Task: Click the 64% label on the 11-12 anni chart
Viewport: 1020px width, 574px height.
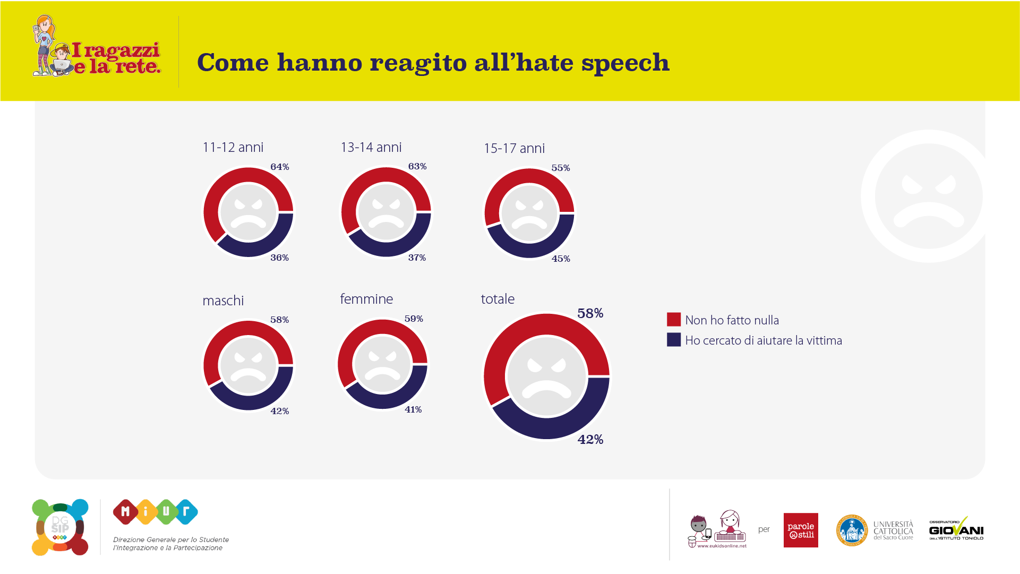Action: (x=280, y=167)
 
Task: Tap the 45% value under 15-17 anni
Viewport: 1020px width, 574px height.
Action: (x=561, y=259)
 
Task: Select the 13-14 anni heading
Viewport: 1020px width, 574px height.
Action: (x=371, y=147)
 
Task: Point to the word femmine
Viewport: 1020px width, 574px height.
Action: (x=366, y=299)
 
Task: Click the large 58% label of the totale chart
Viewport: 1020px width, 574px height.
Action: (x=590, y=313)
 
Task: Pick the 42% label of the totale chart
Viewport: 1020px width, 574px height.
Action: (x=590, y=439)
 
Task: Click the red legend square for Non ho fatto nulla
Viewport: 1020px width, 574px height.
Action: (x=674, y=319)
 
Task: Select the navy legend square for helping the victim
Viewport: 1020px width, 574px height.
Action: (x=674, y=340)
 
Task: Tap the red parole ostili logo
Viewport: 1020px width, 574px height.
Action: (x=801, y=530)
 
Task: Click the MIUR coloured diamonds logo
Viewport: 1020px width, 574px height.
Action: (x=156, y=512)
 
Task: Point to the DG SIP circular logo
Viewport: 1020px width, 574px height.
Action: (x=60, y=527)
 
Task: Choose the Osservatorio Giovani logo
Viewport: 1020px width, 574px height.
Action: (x=956, y=529)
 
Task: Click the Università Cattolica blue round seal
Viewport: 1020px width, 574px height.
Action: (x=852, y=530)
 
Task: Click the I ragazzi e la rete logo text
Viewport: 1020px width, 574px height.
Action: (x=116, y=58)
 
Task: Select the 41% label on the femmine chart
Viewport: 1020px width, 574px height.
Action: (x=413, y=409)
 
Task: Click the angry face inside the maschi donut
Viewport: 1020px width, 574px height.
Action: (x=248, y=365)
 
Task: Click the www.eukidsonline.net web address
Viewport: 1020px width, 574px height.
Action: (x=722, y=546)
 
